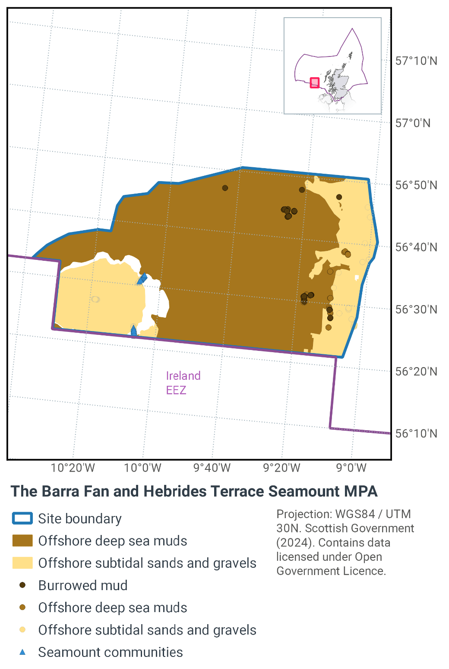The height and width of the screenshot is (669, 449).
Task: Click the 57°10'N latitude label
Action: (x=416, y=61)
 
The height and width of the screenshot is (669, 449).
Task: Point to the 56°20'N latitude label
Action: (x=416, y=372)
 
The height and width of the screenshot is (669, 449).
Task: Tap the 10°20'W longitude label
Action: (x=73, y=468)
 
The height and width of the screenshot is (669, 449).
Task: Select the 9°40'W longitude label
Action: (x=212, y=468)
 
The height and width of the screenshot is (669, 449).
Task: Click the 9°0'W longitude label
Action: (x=351, y=468)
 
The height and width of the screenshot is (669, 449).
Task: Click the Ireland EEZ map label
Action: (x=183, y=383)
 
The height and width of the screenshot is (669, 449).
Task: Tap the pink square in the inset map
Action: (x=315, y=82)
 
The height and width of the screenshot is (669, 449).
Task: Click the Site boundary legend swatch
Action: (x=22, y=518)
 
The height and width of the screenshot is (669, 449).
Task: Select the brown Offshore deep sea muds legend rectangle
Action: (x=22, y=541)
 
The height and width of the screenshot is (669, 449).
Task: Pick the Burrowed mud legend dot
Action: (x=22, y=585)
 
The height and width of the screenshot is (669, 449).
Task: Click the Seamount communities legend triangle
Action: (x=22, y=652)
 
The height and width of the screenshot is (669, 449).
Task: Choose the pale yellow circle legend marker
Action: (x=22, y=630)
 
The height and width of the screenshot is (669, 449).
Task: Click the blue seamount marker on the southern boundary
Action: (x=134, y=331)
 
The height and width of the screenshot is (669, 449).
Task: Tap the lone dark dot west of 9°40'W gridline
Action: (x=225, y=188)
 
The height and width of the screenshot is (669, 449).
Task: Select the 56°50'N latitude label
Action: (x=416, y=185)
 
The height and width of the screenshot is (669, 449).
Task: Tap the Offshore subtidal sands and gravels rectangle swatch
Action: (x=22, y=563)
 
